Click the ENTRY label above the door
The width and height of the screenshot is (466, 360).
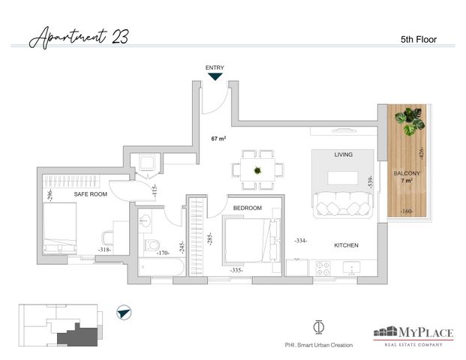215,67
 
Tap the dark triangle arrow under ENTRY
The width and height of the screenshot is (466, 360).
215,77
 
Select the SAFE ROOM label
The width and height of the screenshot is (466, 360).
90,194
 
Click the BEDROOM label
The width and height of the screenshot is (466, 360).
248,208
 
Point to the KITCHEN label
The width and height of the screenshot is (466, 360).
346,245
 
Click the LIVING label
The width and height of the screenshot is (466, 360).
343,154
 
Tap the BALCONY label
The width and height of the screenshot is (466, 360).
407,173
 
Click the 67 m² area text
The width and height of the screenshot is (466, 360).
218,139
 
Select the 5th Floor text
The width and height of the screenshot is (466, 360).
419,40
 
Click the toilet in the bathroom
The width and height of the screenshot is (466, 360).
152,245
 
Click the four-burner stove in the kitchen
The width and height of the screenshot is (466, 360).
323,268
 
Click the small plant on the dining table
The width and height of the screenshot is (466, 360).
257,170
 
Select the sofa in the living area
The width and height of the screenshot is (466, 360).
342,205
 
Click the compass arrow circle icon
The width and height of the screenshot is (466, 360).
124,313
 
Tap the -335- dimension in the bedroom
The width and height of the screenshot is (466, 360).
236,270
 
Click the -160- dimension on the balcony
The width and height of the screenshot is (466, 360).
406,211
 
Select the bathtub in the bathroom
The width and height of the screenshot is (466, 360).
162,267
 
